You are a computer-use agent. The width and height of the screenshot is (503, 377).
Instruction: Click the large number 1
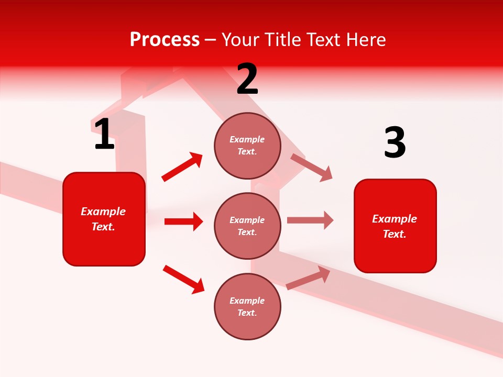(x=104, y=134)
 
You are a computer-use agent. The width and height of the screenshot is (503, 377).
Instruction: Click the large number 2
(x=247, y=79)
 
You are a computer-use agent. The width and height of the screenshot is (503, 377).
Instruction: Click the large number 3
(x=395, y=143)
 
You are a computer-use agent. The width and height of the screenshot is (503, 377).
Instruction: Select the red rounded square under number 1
(x=104, y=219)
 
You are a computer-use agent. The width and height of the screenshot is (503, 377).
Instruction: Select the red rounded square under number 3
(x=395, y=226)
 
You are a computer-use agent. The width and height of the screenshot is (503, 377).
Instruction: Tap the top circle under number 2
(x=247, y=146)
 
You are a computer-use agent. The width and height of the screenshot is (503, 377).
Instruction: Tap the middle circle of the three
(x=247, y=226)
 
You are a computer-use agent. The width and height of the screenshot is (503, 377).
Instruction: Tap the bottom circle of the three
(x=247, y=306)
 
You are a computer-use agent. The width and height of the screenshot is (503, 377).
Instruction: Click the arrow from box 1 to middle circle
(x=183, y=221)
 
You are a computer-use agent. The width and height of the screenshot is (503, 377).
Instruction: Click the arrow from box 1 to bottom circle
(x=183, y=279)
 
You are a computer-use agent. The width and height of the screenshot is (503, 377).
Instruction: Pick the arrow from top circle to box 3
(x=312, y=167)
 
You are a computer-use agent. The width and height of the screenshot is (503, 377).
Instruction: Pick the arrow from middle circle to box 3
(x=310, y=220)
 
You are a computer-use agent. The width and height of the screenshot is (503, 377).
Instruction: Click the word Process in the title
(x=165, y=39)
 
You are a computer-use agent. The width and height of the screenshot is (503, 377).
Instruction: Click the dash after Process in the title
(x=210, y=40)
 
